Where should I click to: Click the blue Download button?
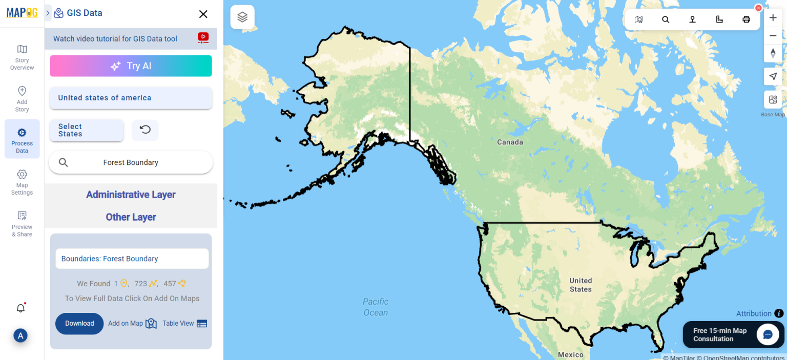tap(79, 324)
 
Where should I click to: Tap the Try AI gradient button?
tap(131, 66)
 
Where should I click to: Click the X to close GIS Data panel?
tap(203, 14)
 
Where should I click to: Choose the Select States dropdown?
tap(87, 130)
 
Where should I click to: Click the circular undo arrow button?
tap(145, 130)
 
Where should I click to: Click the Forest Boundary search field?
tap(131, 162)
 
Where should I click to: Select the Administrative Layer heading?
tap(131, 195)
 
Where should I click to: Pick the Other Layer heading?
tap(131, 217)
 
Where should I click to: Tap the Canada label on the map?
tap(510, 142)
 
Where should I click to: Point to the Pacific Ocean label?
tap(376, 307)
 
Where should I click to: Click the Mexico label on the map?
tap(570, 354)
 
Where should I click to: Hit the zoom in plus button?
tap(773, 18)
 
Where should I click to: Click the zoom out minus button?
tap(773, 35)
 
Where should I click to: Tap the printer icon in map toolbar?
tap(746, 19)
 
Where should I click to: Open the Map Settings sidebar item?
tap(22, 182)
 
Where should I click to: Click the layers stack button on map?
tap(242, 17)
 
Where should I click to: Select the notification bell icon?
tap(20, 308)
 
